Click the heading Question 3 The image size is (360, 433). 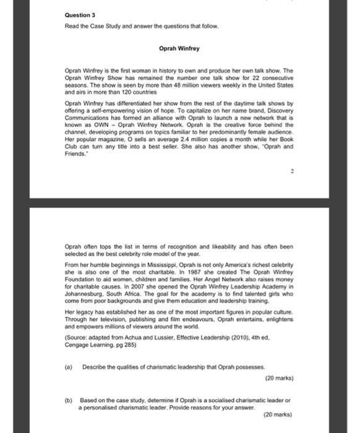tap(80, 14)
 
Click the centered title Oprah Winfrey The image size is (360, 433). tap(179, 48)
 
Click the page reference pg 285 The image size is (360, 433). tap(142, 344)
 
